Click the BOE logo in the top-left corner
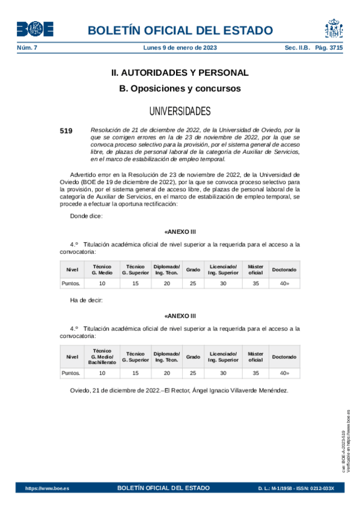[x=34, y=29]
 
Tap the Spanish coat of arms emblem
[x=334, y=29]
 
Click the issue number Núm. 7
[x=26, y=48]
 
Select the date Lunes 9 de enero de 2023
[x=180, y=48]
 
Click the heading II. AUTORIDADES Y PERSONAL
[x=180, y=73]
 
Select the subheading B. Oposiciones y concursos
[x=180, y=88]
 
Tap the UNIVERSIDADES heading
[x=180, y=111]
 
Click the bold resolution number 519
[x=66, y=130]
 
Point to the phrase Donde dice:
[x=87, y=215]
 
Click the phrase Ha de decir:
[x=87, y=300]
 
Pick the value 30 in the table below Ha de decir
[x=222, y=373]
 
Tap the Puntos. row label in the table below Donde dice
[x=72, y=283]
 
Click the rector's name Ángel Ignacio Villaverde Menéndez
[x=239, y=390]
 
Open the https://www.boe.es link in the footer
[x=47, y=488]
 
